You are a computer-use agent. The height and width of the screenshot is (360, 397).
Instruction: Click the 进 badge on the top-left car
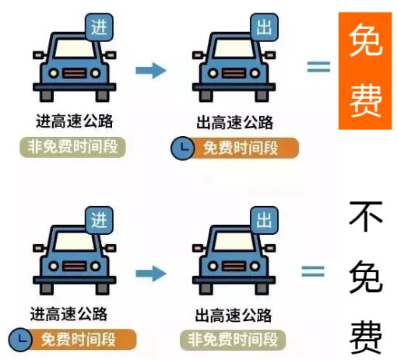pos(99,27)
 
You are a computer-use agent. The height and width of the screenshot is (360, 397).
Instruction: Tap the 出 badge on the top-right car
pos(264,27)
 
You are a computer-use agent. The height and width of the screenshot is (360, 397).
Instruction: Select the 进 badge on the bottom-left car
pos(99,220)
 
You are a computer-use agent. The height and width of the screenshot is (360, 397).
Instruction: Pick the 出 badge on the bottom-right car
pos(264,220)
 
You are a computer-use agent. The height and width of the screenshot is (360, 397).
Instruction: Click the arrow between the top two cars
pos(151,70)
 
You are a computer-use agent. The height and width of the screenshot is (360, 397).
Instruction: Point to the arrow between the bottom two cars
pos(151,274)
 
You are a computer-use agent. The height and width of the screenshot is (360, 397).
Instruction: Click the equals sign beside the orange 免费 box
pos(318,67)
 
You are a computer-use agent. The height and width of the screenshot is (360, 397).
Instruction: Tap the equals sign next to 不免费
pos(313,271)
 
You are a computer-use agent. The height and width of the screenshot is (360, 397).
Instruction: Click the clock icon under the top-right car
pos(183,148)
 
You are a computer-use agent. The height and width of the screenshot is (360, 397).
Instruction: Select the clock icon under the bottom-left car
pos(20,340)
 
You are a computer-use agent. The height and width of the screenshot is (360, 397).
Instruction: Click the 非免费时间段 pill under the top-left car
pos(72,147)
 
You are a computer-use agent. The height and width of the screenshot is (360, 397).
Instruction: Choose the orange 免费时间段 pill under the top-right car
pos(241,148)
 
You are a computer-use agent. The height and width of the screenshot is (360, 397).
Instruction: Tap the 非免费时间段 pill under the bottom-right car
pos(233,340)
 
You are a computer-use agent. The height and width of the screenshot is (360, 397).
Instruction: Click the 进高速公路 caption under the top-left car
pos(75,121)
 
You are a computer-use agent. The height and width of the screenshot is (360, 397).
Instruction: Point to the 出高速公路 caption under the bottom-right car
pos(234,315)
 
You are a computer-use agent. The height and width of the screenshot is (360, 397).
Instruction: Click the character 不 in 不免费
pos(366,216)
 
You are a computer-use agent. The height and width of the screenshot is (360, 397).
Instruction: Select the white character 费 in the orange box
pos(366,100)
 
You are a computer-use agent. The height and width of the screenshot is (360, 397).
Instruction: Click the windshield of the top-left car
pos(75,48)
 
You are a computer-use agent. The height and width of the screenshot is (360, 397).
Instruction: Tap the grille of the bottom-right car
pos(234,267)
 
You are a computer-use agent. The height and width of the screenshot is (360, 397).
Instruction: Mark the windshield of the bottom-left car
pos(75,241)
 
